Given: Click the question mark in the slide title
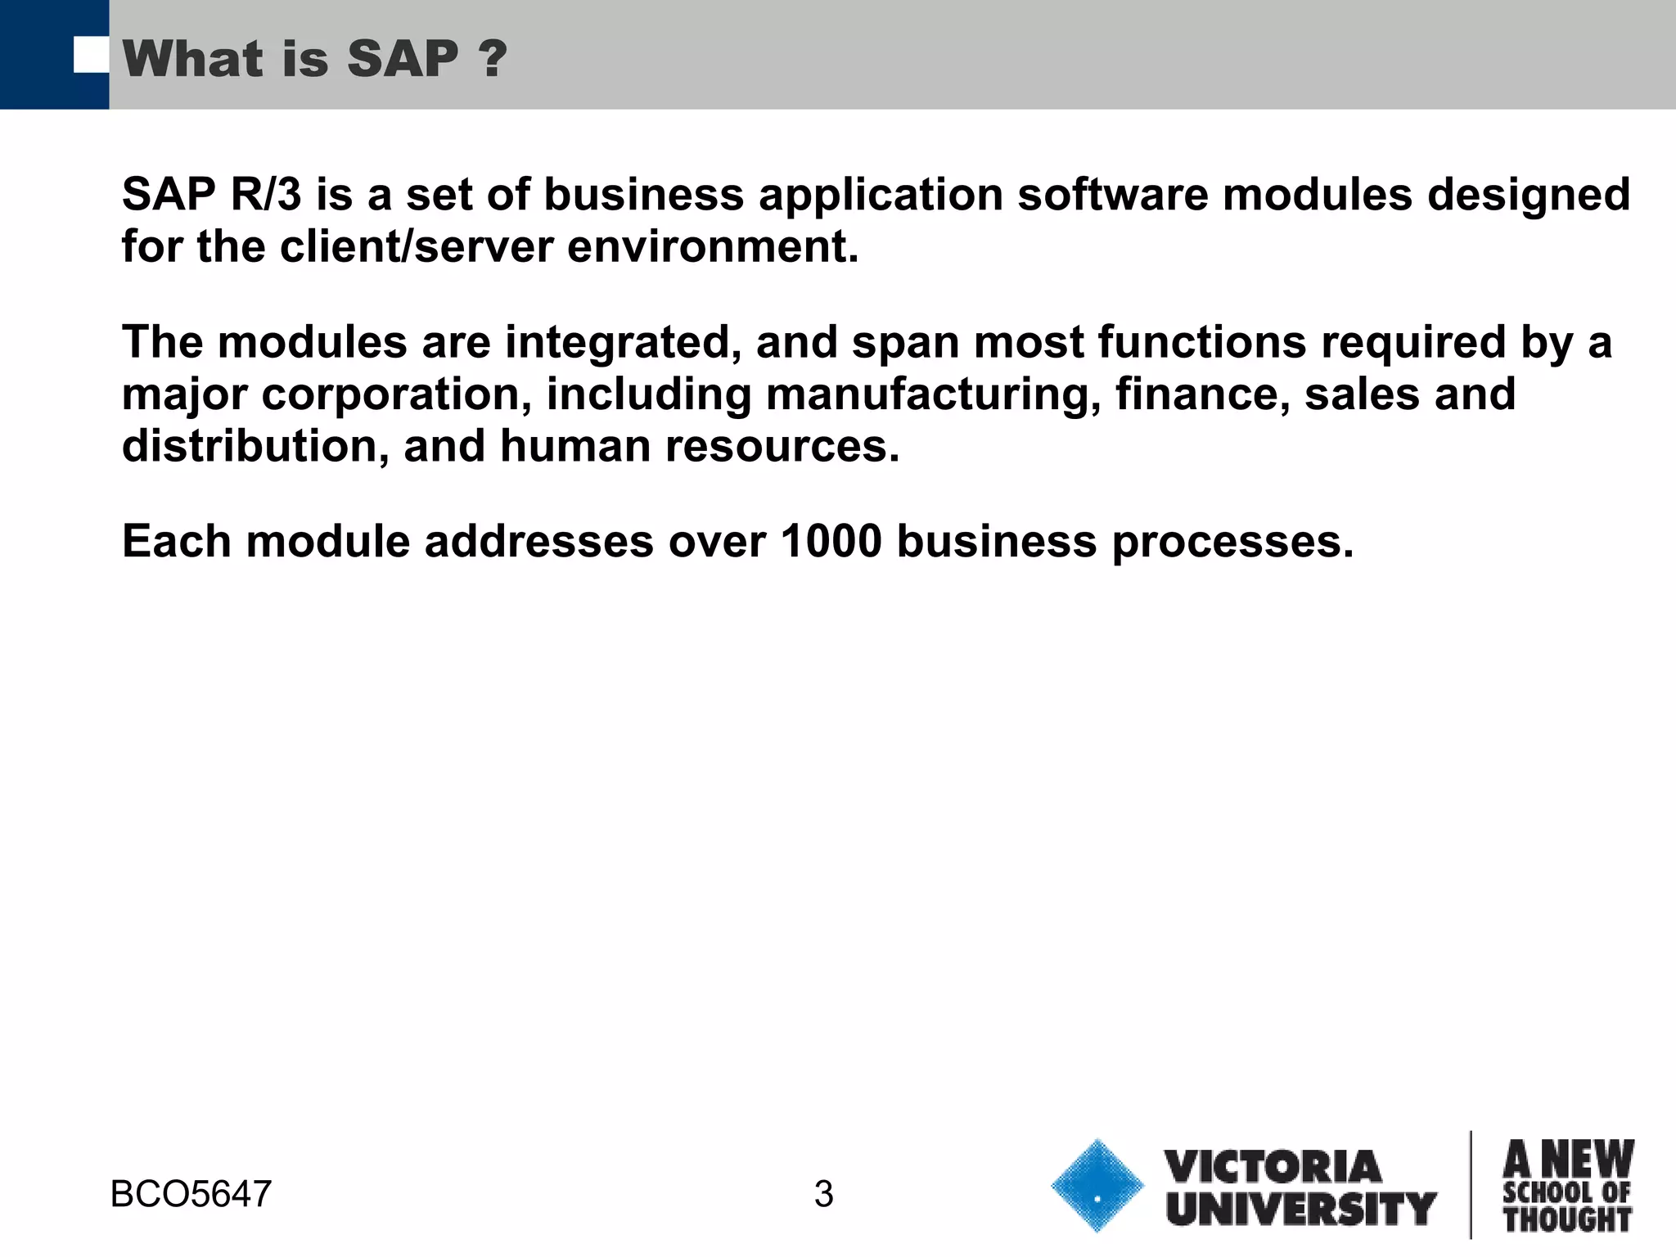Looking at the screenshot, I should [491, 59].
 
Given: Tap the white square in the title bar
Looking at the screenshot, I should [91, 56].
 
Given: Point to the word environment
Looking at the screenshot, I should [712, 246].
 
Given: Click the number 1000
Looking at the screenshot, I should [831, 541].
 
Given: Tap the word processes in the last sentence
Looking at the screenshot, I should [1232, 541].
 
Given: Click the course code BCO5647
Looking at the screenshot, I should [191, 1194].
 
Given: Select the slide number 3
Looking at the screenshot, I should [823, 1194].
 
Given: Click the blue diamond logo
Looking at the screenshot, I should [1097, 1186].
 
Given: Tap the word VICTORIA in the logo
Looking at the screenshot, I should [1273, 1167].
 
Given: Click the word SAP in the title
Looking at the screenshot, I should [403, 59].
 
